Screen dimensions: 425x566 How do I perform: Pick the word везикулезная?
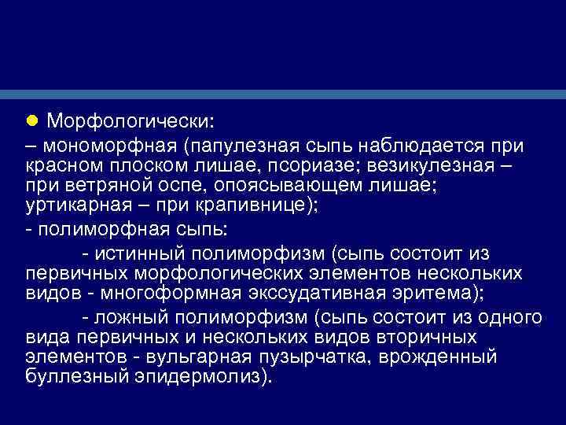436,165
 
